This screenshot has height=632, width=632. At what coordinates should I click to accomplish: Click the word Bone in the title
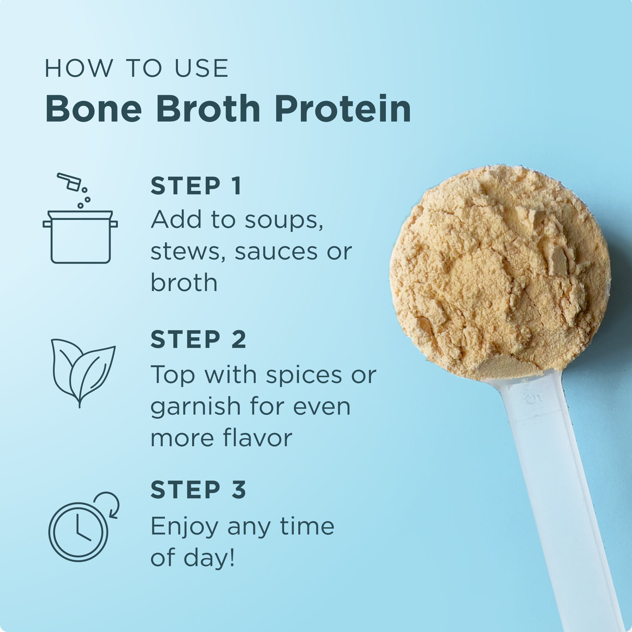[x=94, y=109]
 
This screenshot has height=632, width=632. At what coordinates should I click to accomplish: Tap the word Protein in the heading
[x=343, y=109]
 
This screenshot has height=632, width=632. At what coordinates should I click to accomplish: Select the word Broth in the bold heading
[x=208, y=109]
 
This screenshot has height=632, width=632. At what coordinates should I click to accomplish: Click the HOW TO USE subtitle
[x=137, y=69]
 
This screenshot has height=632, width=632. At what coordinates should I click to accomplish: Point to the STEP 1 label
[x=196, y=186]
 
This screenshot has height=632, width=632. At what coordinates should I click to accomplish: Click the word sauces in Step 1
[x=276, y=252]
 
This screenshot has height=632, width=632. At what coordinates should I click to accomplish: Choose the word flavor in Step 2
[x=258, y=438]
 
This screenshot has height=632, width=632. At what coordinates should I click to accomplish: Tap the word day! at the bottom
[x=209, y=558]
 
